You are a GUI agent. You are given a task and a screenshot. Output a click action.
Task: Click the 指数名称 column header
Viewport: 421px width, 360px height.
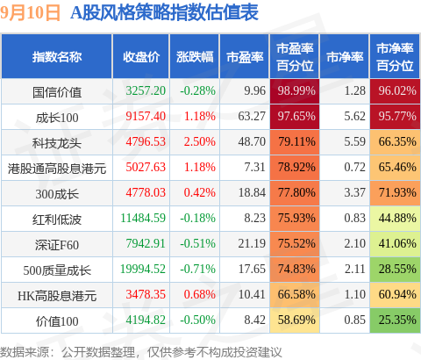[57, 57]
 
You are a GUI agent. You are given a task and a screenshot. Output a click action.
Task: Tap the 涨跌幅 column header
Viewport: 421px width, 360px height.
[195, 57]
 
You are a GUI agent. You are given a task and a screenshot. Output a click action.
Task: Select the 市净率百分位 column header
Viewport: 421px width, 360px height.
[395, 57]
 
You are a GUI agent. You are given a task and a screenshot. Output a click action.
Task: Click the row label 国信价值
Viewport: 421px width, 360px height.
[57, 92]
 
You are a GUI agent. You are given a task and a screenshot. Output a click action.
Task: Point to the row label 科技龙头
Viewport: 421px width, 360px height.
[57, 143]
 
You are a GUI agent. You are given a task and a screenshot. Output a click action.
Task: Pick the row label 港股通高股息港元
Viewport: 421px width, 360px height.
[57, 169]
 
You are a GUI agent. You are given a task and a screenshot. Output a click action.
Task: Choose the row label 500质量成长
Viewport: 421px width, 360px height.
[57, 270]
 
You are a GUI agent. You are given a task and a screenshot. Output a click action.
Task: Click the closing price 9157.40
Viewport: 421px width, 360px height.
[146, 116]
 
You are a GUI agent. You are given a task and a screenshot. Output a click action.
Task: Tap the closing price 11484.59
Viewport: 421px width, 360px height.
[143, 218]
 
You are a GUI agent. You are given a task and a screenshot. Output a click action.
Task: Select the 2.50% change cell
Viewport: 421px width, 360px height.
[200, 141]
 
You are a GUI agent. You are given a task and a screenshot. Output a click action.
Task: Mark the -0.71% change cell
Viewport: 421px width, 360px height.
[197, 269]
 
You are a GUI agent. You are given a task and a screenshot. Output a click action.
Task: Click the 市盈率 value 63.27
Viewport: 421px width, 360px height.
[252, 116]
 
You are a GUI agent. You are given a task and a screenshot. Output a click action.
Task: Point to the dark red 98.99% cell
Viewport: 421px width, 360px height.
[295, 91]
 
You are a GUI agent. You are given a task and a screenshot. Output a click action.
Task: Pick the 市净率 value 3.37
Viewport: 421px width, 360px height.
[354, 192]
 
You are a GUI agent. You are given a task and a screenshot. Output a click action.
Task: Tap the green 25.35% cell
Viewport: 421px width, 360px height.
[395, 320]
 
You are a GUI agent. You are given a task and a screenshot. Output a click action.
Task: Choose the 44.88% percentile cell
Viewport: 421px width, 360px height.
[395, 219]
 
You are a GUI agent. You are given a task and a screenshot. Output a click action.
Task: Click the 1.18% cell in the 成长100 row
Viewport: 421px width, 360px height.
[200, 116]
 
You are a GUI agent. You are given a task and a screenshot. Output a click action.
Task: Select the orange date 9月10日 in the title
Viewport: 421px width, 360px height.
[30, 13]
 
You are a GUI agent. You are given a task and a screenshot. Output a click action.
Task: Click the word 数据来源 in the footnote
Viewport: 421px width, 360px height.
[25, 352]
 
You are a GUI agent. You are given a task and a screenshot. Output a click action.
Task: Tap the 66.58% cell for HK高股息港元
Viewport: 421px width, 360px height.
[295, 295]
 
